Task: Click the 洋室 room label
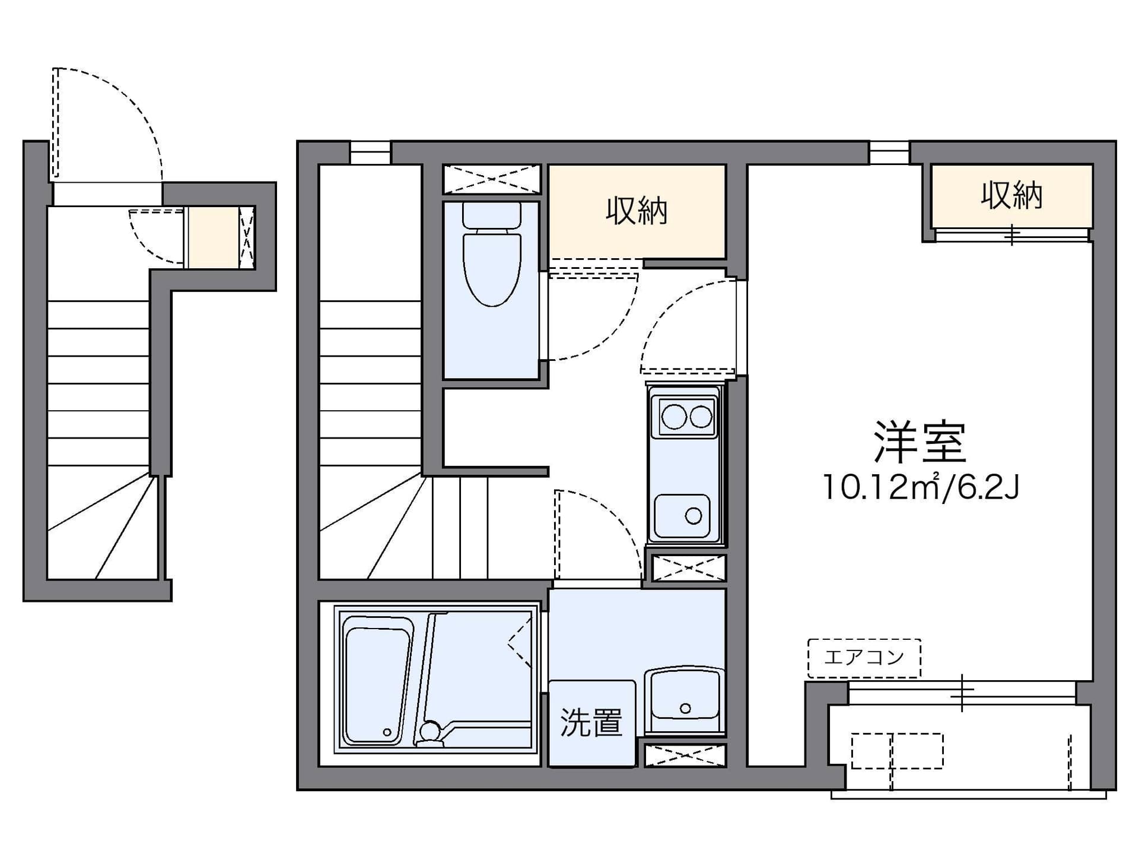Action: coord(920,442)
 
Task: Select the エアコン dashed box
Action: coord(864,658)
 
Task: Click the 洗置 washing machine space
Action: coord(591,723)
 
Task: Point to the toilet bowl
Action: coord(492,270)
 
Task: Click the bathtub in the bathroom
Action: coord(377,680)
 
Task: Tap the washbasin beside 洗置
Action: coord(685,700)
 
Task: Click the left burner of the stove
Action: coord(674,417)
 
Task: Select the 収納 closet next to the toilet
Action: coord(637,211)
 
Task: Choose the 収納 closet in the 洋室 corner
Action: coord(1011,195)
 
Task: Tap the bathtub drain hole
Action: coord(387,732)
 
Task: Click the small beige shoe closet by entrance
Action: coord(213,237)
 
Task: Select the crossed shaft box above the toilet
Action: coord(492,178)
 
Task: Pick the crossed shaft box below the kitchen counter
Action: coord(688,568)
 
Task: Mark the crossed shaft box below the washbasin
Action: coord(685,756)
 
